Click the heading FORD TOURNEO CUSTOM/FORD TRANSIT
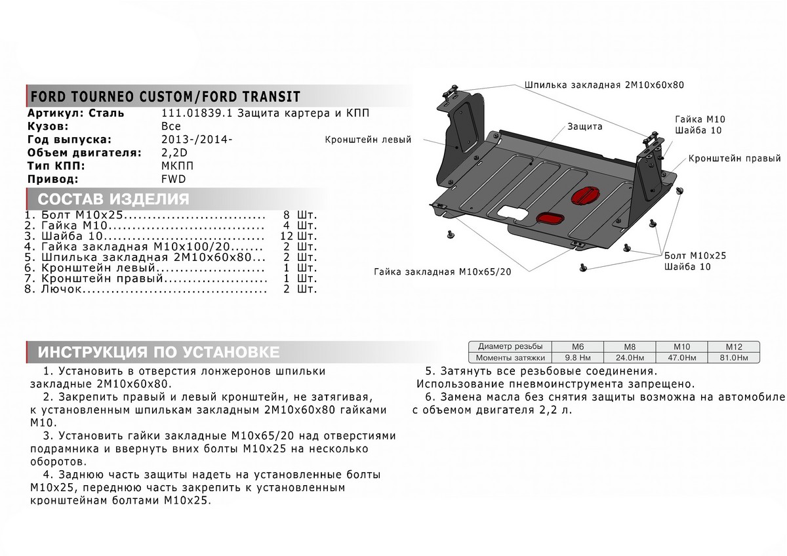[164, 97]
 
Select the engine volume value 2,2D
[173, 153]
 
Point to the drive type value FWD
[173, 179]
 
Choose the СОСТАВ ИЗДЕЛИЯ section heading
[113, 199]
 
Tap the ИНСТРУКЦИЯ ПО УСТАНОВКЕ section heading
[158, 352]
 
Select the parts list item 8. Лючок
[58, 288]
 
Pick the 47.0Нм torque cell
[682, 357]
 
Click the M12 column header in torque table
[733, 346]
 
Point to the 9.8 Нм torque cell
[578, 357]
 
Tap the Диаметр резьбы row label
[510, 346]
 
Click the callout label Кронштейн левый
[368, 140]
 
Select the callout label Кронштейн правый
[735, 159]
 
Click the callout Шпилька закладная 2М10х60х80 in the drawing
[604, 85]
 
